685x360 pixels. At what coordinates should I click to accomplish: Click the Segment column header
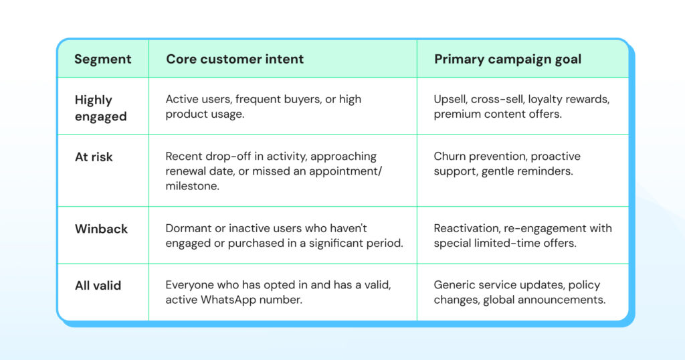(102, 59)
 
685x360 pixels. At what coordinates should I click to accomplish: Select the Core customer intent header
(235, 59)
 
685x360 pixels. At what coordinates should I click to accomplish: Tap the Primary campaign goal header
(508, 59)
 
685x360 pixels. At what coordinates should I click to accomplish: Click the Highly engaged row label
(100, 108)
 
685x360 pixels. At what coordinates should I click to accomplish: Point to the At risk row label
(94, 157)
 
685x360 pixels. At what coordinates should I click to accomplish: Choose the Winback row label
(101, 229)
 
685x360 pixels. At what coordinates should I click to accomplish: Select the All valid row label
(98, 286)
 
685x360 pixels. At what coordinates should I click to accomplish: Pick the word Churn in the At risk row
(450, 157)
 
